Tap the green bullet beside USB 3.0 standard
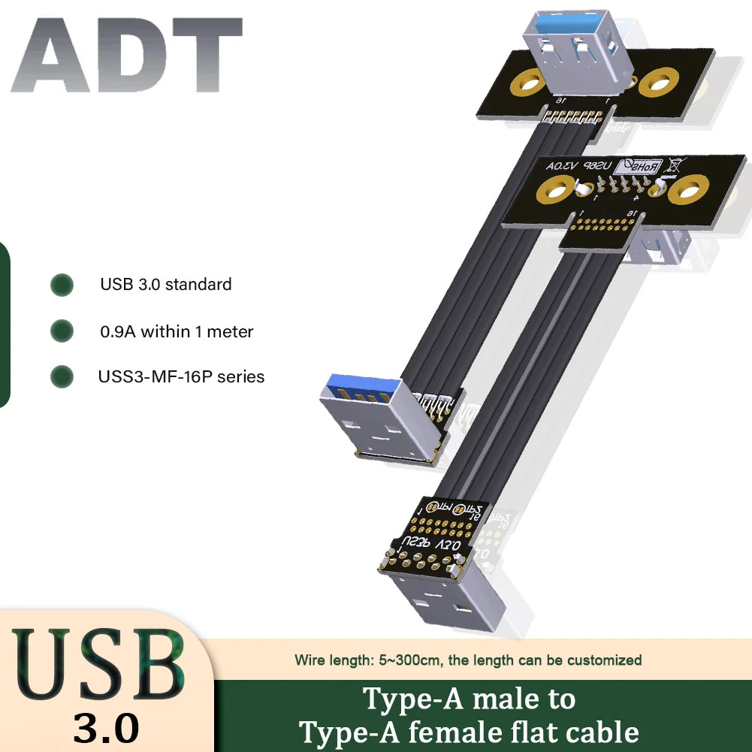62,285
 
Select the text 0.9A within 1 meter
177,331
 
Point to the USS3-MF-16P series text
181,376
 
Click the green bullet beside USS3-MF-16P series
62,376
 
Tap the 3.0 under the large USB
106,728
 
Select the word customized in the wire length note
604,660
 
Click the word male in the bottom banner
495,699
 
